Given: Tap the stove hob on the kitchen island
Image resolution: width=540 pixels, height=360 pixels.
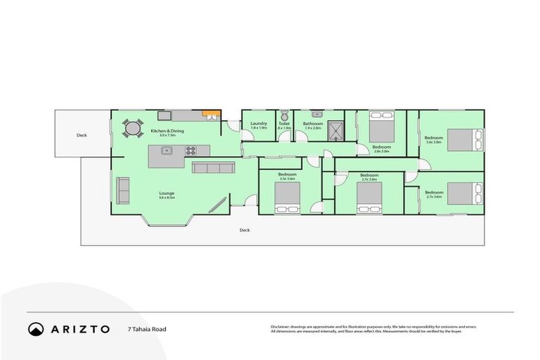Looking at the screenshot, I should [191, 150].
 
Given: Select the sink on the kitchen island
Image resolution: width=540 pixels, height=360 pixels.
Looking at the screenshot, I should [167, 150].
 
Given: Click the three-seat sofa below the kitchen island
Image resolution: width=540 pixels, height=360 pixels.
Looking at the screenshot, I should [213, 168].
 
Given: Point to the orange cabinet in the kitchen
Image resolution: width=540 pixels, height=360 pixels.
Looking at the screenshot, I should [208, 114].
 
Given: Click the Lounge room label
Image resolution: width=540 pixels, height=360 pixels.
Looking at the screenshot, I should [167, 193].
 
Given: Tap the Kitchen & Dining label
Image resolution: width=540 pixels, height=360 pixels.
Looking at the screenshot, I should [167, 131].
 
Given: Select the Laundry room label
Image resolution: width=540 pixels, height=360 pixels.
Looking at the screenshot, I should [259, 124].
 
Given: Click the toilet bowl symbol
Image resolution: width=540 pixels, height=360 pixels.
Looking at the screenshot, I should [284, 115].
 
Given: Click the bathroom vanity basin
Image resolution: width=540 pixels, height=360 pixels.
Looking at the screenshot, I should [316, 113].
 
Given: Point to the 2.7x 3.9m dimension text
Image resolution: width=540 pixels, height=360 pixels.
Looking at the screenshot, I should [369, 179].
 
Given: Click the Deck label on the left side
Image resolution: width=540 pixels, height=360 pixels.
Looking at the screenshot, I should [82, 135].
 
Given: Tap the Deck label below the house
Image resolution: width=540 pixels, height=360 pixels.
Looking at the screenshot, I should [245, 230].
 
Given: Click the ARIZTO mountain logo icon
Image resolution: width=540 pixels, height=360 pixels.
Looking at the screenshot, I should [36, 329].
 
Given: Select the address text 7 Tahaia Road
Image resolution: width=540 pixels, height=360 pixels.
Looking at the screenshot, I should [147, 329].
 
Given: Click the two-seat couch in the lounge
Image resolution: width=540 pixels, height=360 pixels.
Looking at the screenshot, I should [123, 189].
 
